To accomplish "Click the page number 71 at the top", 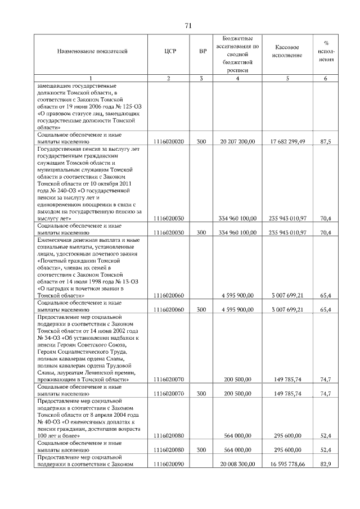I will [189, 25].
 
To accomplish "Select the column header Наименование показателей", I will [92, 51].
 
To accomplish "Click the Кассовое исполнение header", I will [287, 51].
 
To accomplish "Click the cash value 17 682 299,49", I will [287, 142].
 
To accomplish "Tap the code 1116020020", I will [168, 142].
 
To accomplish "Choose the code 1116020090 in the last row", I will [168, 463].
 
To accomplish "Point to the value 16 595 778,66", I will [287, 463].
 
